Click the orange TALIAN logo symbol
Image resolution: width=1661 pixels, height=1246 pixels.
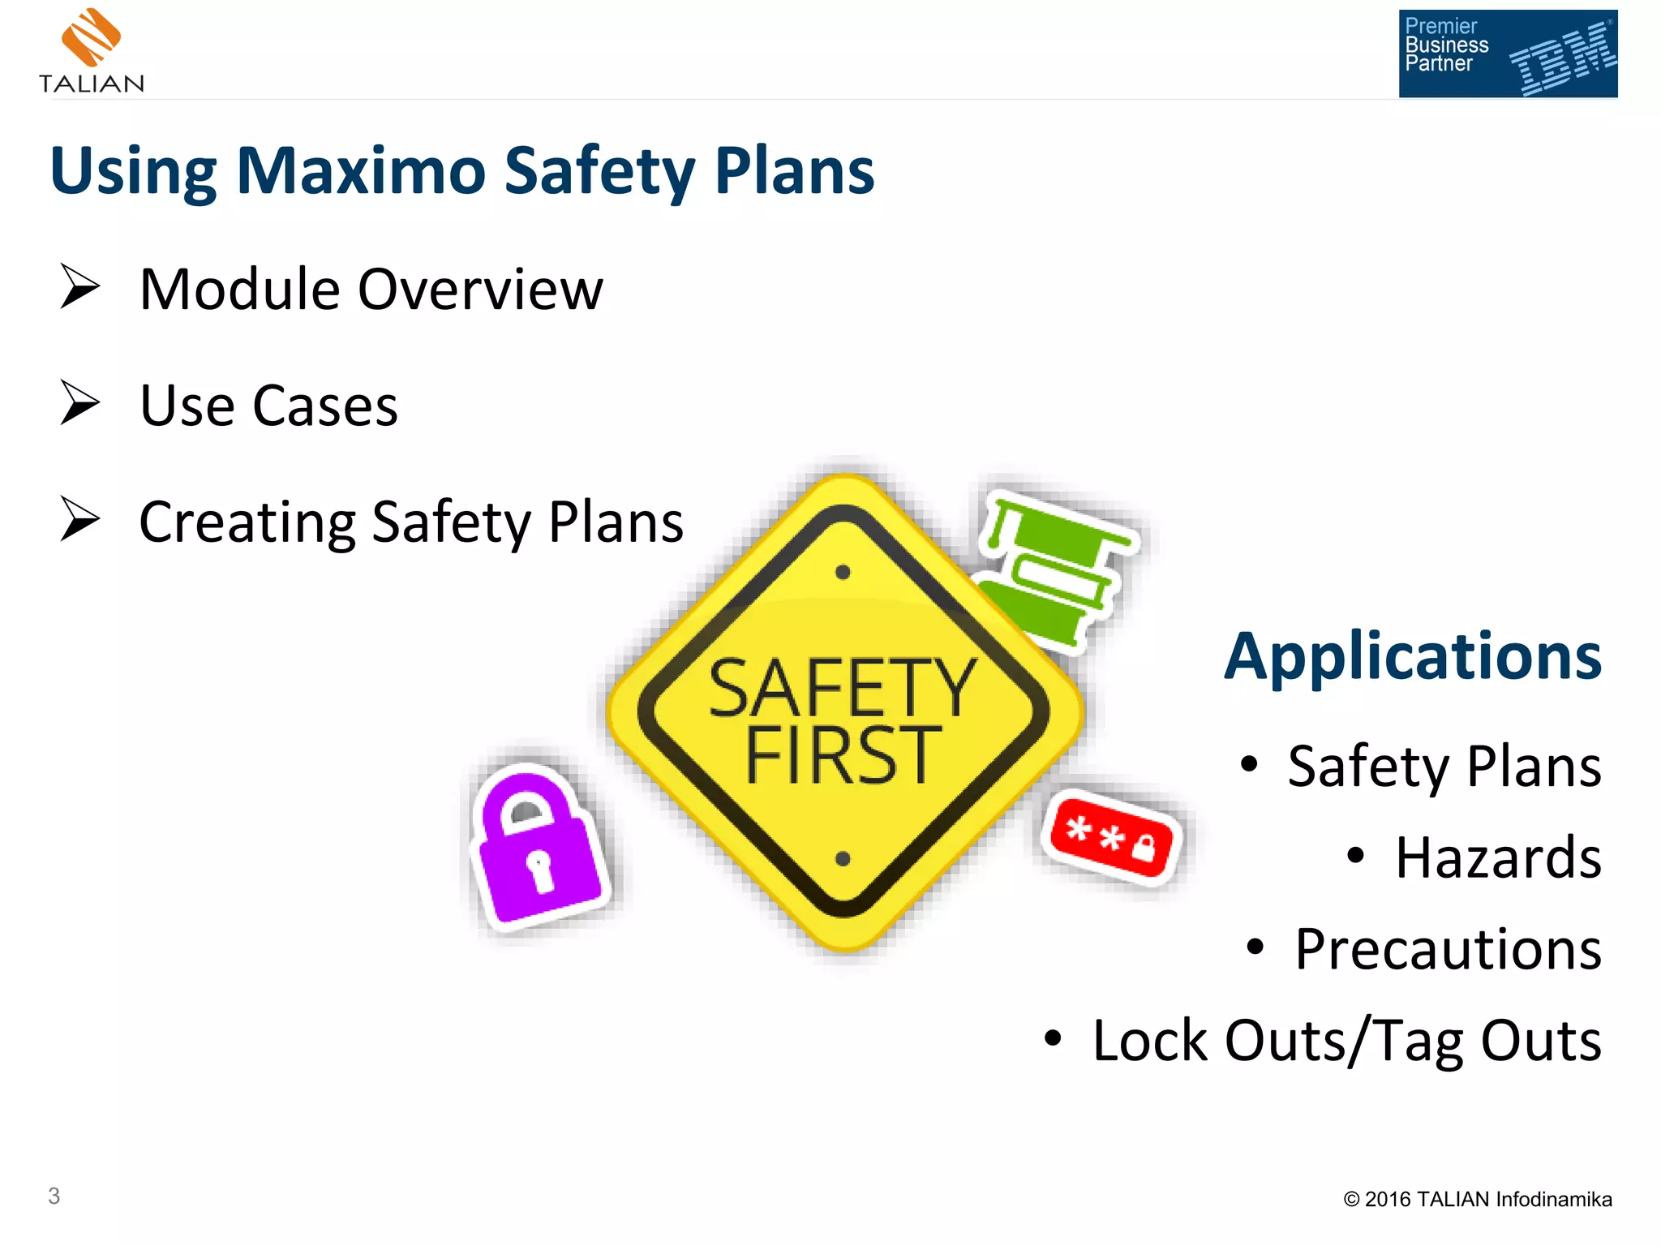tap(91, 37)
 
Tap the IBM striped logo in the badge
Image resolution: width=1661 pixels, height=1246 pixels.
tap(1561, 58)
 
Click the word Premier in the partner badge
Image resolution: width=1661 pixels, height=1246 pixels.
tap(1440, 26)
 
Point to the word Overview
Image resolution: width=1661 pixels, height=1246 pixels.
tap(481, 290)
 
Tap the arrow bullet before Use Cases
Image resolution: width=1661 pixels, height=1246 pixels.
tap(79, 403)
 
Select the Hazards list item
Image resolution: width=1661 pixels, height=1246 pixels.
tap(1497, 857)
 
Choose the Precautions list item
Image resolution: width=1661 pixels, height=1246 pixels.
tap(1447, 949)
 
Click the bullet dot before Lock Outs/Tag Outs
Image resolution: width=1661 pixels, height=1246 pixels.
tap(1052, 1038)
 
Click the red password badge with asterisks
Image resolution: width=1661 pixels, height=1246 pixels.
tap(1112, 836)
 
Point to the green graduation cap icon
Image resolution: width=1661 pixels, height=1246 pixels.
tap(1054, 568)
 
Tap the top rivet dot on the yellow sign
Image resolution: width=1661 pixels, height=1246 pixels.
tap(843, 573)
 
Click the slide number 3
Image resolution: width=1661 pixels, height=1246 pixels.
tap(54, 1196)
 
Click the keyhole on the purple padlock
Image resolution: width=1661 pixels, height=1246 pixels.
tap(539, 869)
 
